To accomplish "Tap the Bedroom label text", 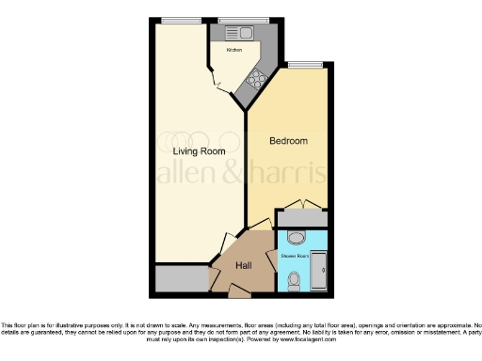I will click(288, 141).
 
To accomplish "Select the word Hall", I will click(244, 266).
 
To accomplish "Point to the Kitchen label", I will click(233, 49).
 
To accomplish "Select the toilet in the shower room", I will click(296, 278).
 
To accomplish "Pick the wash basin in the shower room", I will click(296, 237).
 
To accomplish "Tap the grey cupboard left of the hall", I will click(181, 278).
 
